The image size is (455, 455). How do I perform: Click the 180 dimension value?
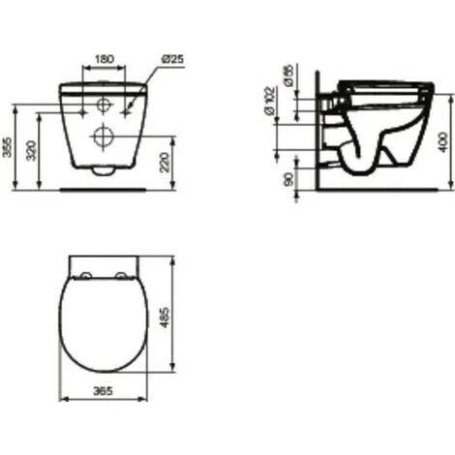point(104,59)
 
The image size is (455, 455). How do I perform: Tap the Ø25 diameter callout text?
point(171,59)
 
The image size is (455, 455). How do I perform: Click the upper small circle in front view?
point(104,105)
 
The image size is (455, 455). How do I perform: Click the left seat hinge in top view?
point(87,276)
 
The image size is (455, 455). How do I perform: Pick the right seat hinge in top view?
point(120,276)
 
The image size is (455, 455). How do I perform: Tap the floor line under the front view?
point(103,188)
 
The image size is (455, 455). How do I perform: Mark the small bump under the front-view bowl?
point(104,172)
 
